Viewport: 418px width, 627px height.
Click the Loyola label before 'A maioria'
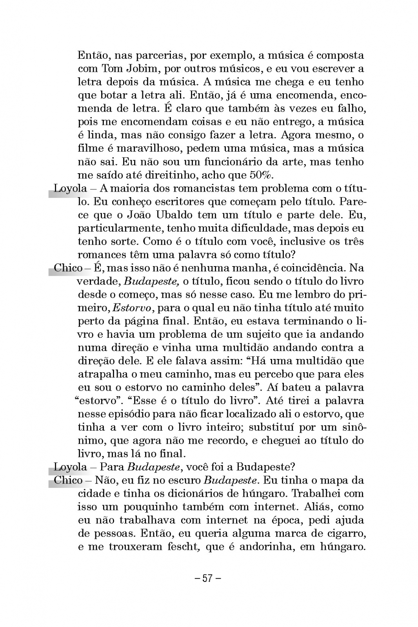click(x=70, y=188)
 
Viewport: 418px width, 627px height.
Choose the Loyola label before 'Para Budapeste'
click(x=70, y=467)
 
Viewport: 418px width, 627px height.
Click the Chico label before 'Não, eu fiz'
click(x=68, y=480)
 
